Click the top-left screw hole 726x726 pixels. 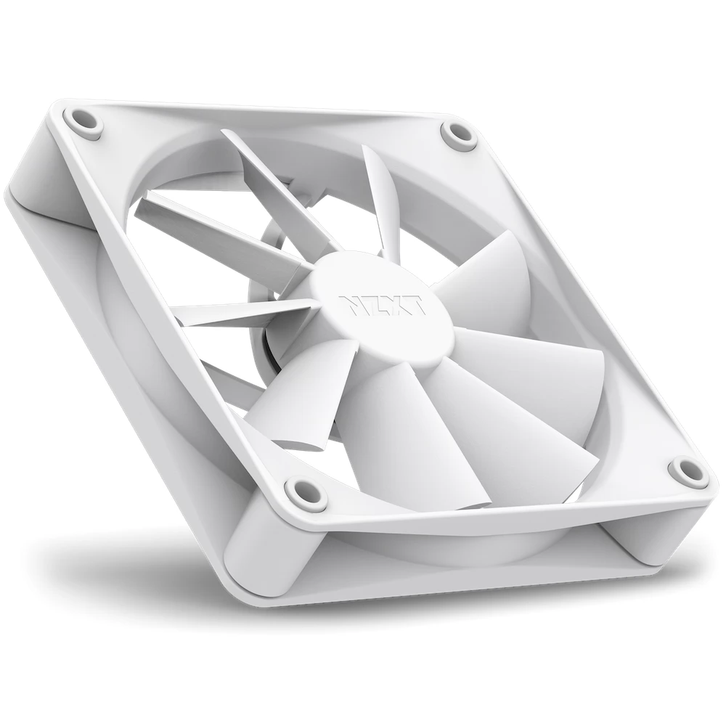(x=86, y=121)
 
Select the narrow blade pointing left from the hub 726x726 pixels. (x=245, y=316)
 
